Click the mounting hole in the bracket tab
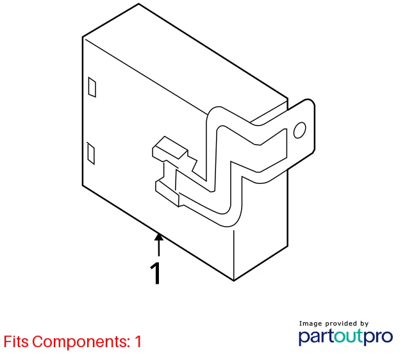pyautogui.click(x=299, y=130)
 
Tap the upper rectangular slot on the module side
pyautogui.click(x=92, y=87)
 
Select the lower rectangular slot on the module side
pyautogui.click(x=90, y=153)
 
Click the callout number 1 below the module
pyautogui.click(x=156, y=274)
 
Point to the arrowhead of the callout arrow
pyautogui.click(x=159, y=237)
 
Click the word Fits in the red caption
pyautogui.click(x=16, y=341)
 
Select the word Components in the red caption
pyautogui.click(x=81, y=342)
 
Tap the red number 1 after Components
pyautogui.click(x=138, y=341)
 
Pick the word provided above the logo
pyautogui.click(x=341, y=323)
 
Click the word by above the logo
pyautogui.click(x=364, y=323)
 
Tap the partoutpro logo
pyautogui.click(x=345, y=337)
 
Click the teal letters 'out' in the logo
pyautogui.click(x=347, y=336)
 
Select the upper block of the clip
pyautogui.click(x=170, y=147)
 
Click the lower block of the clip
pyautogui.click(x=167, y=193)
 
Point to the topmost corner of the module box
pyautogui.click(x=138, y=4)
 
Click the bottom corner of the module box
pyautogui.click(x=233, y=281)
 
